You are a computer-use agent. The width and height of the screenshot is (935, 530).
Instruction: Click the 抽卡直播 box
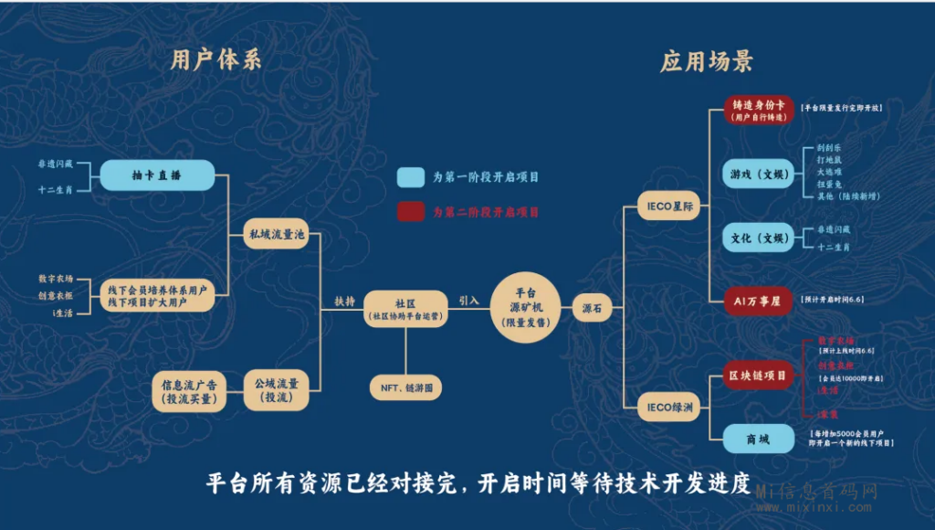point(157,175)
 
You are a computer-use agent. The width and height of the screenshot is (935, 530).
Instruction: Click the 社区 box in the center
point(405,308)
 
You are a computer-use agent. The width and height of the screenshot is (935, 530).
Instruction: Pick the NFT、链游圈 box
point(405,388)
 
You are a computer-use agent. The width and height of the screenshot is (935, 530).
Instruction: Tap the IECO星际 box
point(670,207)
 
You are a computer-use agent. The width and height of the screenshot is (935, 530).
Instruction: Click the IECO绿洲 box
point(670,407)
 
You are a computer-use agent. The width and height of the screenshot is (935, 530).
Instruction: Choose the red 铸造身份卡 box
point(758,111)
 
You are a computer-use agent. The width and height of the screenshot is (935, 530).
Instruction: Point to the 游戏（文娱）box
point(758,174)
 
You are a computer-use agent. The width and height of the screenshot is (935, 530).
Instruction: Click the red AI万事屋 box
point(758,301)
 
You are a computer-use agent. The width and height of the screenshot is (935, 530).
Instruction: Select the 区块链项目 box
point(758,375)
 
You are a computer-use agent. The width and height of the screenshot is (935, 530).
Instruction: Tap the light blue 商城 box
point(758,439)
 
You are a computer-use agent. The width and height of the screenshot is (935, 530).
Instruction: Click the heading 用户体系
point(216,60)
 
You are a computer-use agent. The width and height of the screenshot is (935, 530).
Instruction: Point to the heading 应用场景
point(707,61)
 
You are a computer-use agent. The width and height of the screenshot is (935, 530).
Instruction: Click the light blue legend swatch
point(410,177)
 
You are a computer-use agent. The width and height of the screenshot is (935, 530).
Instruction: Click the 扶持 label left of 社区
point(344,301)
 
